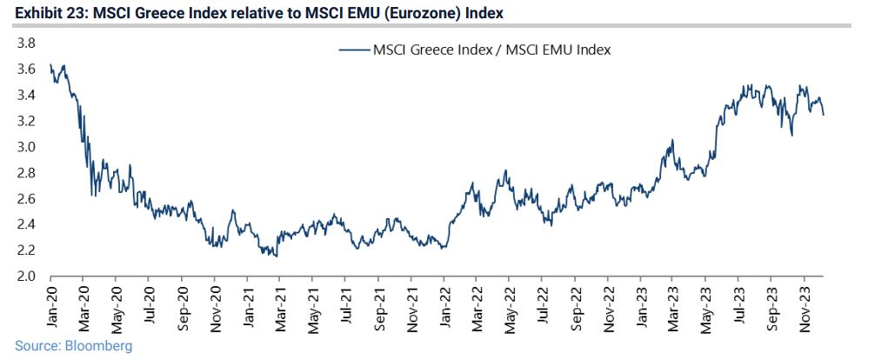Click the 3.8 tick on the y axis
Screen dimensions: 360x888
coord(25,43)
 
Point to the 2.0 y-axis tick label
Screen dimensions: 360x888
coord(25,277)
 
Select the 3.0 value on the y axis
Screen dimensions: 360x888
coord(25,147)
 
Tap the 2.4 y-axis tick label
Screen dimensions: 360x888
coord(25,224)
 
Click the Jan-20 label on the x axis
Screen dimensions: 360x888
coord(51,307)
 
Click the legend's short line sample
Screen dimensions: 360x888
coord(353,50)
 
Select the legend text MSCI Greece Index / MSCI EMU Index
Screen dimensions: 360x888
coord(491,50)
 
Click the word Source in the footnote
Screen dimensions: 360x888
coord(35,346)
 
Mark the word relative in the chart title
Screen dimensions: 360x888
coord(232,13)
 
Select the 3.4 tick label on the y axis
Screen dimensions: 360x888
coord(25,95)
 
